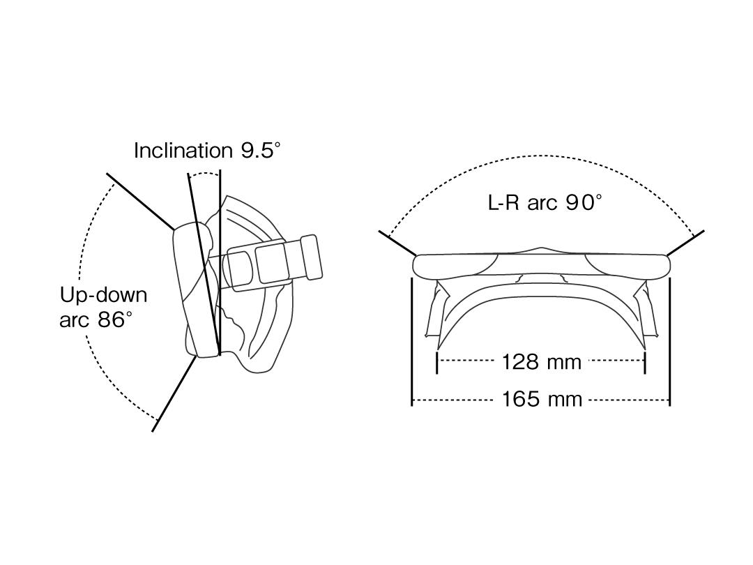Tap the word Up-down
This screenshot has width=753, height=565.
(x=103, y=295)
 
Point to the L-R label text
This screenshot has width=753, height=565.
(x=504, y=202)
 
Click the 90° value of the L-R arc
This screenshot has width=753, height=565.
(x=584, y=202)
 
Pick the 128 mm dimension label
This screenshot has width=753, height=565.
(x=541, y=362)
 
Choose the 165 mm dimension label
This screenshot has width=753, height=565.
(x=542, y=399)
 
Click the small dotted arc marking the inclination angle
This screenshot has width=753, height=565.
(x=204, y=174)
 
